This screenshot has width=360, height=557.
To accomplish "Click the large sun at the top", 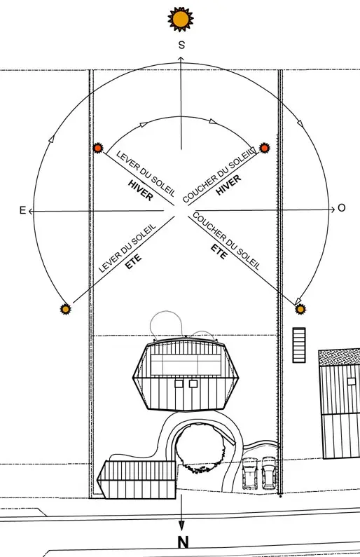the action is coord(181,19).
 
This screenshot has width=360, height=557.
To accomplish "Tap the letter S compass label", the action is coord(181,45).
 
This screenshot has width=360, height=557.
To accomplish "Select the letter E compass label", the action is coord(22,210).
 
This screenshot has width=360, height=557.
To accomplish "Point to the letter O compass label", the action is coord(342,208).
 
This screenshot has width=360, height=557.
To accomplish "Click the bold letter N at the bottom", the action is coord(183,542).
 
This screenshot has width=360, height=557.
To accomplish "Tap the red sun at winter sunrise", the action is coord(97,148).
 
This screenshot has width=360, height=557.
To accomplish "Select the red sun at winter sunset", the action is coord(264,148).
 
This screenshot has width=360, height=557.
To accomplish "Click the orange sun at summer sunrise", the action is coord(65,310).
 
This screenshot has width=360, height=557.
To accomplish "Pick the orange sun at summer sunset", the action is coord(300,310).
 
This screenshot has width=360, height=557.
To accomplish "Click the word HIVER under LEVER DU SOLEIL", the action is coord(141,191).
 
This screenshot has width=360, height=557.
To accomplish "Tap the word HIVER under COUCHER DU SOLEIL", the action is coord(228,185).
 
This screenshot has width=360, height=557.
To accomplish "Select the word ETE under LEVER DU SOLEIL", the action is coord(134,261).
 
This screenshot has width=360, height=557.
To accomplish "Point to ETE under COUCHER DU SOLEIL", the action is coord(219,252).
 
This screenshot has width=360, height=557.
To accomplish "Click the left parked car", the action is coord(250,473).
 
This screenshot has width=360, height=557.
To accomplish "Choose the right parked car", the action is coord(269,472).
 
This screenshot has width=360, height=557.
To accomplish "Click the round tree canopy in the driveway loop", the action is coord(200,448).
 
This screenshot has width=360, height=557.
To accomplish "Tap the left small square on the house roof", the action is coord(179,384).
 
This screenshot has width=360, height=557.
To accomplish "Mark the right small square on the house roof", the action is coord(193,384).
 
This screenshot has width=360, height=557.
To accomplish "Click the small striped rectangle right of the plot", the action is coord(299,345).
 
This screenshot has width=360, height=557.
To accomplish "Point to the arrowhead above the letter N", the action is coord(181,525).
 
